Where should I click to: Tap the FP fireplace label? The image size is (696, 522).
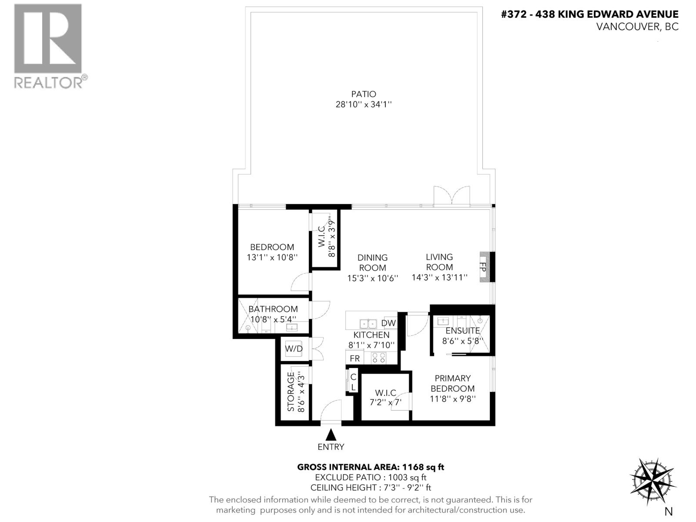483,267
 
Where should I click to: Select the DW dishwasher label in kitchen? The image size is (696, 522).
388,323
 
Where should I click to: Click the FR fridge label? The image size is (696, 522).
355,358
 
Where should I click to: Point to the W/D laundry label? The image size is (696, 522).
294,349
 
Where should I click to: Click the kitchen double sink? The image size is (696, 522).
368,324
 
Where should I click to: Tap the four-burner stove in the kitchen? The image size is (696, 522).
378,358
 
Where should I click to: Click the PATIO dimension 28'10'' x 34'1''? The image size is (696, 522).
364,104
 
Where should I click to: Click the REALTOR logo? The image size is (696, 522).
48,46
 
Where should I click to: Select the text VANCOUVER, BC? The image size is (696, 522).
637,27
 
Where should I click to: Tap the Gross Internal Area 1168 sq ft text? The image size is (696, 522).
370,467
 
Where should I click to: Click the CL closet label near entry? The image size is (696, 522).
353,382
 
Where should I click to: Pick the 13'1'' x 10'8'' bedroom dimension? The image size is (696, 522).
272,258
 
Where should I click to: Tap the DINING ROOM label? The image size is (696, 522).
372,263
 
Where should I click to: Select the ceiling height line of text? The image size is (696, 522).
371,488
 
